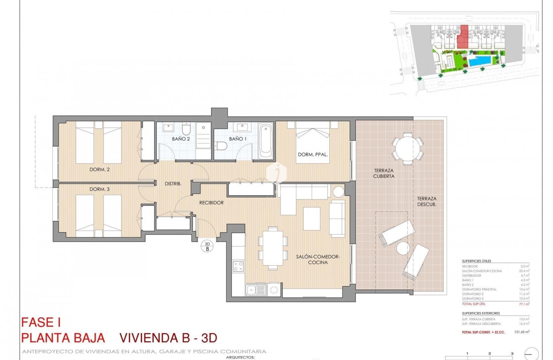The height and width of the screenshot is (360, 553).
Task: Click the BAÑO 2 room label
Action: click(181, 139)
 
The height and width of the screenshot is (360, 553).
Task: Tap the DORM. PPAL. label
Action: click(313, 154)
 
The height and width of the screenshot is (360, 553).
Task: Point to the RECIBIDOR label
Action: click(212, 202)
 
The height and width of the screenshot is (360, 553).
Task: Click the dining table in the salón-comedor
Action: click(273, 247)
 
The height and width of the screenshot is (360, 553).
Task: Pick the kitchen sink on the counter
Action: click(256, 290)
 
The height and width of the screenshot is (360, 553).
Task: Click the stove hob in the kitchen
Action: click(238, 267)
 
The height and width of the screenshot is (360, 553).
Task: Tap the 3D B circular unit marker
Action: click(207, 246)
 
